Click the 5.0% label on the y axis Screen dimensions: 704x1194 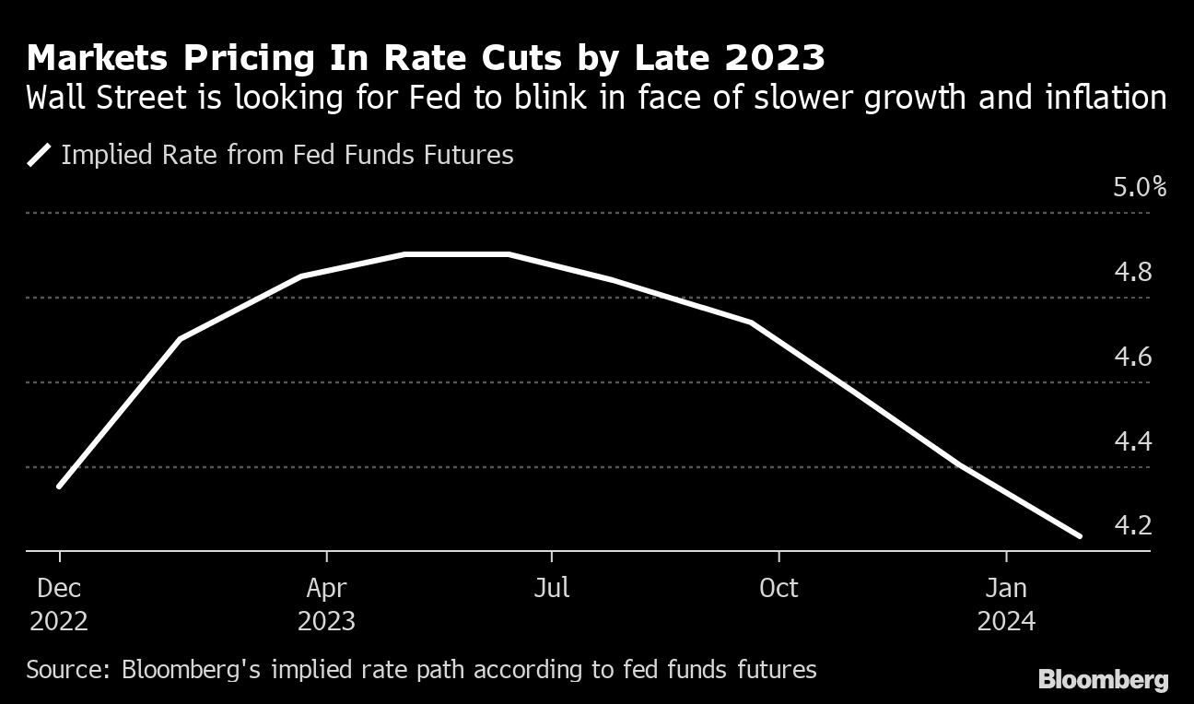click(x=1140, y=188)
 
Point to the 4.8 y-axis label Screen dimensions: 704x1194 click(x=1133, y=273)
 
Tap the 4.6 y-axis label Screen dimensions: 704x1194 click(x=1133, y=357)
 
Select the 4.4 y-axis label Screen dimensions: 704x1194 click(x=1133, y=441)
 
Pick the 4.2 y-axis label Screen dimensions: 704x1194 click(x=1133, y=525)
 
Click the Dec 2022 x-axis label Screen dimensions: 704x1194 click(x=59, y=604)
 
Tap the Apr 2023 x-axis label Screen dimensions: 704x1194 click(x=326, y=604)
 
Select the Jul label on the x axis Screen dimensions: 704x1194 click(x=552, y=587)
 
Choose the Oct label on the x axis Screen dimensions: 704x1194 click(x=778, y=587)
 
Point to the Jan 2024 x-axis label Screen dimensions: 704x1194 click(x=1006, y=604)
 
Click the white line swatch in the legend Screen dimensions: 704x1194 click(x=40, y=155)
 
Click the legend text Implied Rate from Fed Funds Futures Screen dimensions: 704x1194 click(x=287, y=155)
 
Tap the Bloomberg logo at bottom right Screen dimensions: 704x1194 click(x=1104, y=681)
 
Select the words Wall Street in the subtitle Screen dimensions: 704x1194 click(x=100, y=97)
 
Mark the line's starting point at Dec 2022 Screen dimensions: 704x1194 click(x=59, y=486)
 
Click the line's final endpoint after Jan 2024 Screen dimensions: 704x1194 click(x=1079, y=535)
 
